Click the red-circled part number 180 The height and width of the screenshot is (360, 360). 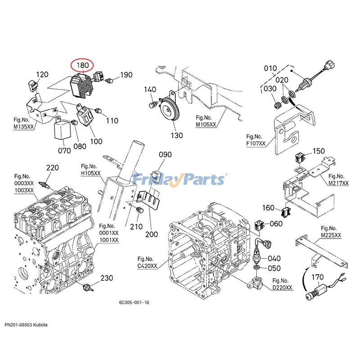pyautogui.click(x=83, y=66)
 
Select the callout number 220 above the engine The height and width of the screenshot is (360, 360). pyautogui.click(x=53, y=168)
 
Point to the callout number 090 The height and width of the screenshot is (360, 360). pyautogui.click(x=165, y=155)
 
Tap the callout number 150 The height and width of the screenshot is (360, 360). pyautogui.click(x=318, y=151)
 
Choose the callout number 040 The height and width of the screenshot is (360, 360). pyautogui.click(x=274, y=258)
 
